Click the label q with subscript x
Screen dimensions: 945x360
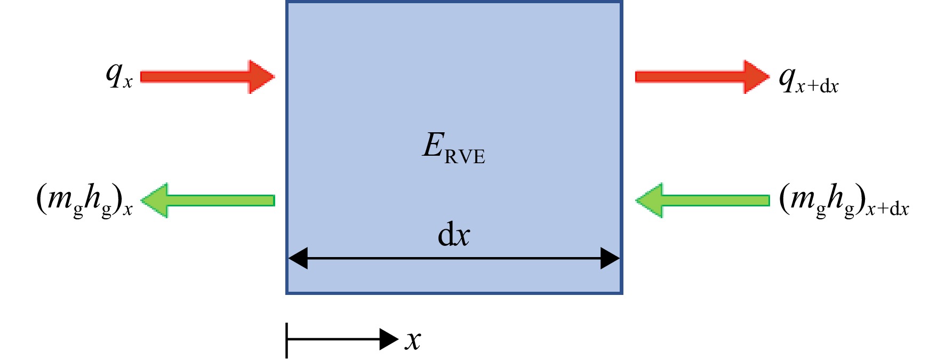coord(119,75)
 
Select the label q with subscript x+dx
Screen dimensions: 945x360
coord(808,80)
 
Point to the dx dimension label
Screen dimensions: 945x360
coord(454,235)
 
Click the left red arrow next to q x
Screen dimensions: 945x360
coord(207,77)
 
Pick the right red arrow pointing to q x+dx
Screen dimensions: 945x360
coord(702,77)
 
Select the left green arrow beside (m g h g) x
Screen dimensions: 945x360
coord(207,201)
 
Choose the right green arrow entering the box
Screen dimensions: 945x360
coord(702,201)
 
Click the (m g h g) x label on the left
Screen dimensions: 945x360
coord(84,201)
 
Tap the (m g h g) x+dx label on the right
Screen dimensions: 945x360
coord(844,201)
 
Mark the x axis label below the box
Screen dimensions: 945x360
coord(413,340)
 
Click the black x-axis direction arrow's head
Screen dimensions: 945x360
coord(389,339)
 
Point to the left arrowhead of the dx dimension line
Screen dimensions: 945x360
coord(298,258)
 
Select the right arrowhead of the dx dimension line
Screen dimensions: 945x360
coord(610,258)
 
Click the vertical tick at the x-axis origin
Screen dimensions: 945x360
coord(287,340)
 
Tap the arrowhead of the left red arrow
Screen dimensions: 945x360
coord(262,77)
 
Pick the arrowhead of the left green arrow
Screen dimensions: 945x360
coord(154,201)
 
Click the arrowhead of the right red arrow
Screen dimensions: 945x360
coord(757,77)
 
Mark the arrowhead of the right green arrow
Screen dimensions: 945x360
coord(649,201)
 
